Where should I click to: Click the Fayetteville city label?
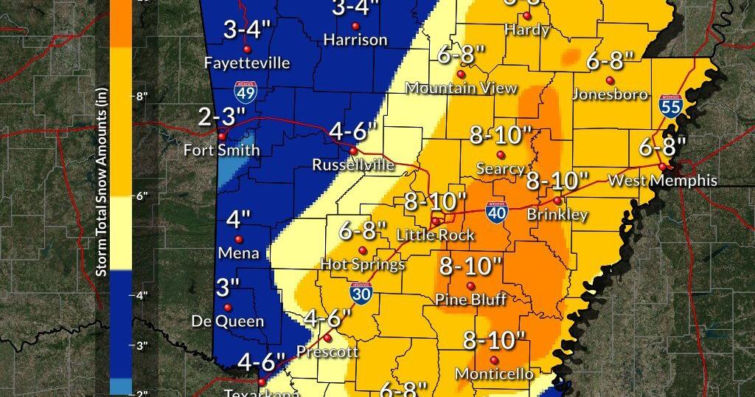point(247,63)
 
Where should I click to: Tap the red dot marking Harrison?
point(355,27)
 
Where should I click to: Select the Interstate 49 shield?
point(246,92)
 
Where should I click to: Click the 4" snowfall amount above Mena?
point(238,219)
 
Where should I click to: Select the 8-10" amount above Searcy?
point(501,135)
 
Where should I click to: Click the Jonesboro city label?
point(610,94)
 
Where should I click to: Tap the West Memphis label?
point(662,180)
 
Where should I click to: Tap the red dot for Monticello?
point(493,360)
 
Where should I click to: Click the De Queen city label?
point(227,321)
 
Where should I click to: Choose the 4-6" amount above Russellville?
point(353,132)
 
